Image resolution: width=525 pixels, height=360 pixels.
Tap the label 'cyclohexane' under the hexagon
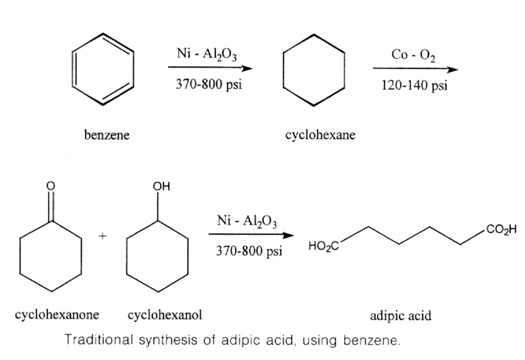pos(320,135)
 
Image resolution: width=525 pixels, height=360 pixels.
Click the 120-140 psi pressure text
pos(414,86)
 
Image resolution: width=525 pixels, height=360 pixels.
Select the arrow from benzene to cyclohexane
pos(210,69)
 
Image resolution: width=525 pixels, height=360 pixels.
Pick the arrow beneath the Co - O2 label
pos(415,70)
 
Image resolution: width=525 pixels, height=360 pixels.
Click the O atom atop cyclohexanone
pos(50,187)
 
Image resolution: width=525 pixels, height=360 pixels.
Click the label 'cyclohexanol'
pos(165,314)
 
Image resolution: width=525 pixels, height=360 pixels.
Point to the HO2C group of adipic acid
pos(324,246)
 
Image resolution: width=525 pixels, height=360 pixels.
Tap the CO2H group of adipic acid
pos(501,230)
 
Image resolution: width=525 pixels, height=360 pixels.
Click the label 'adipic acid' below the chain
pos(400,315)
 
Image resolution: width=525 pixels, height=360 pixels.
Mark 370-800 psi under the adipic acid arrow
pos(249,251)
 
